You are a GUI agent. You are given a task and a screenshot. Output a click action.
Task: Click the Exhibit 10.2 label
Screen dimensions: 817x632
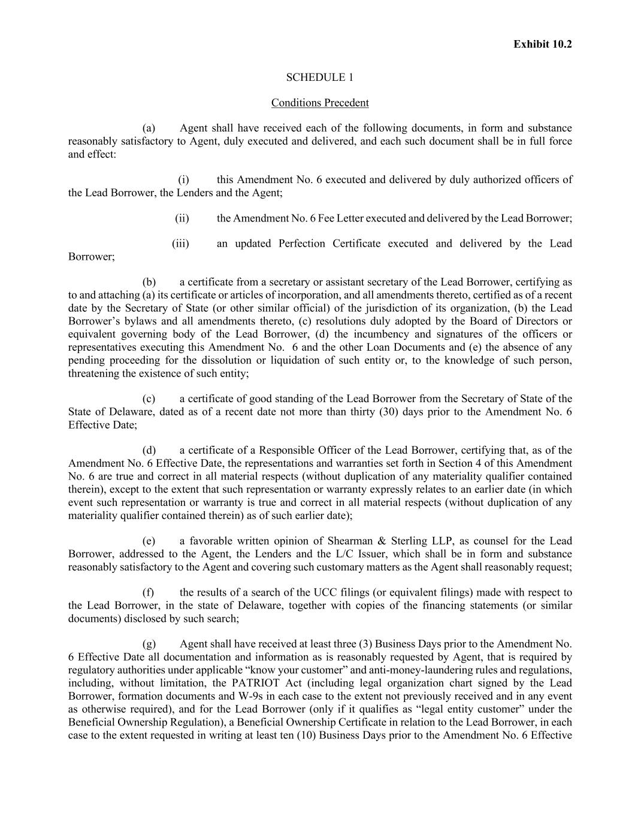[x=542, y=44]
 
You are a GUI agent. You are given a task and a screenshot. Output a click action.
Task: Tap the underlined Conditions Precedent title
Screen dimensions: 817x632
[x=319, y=103]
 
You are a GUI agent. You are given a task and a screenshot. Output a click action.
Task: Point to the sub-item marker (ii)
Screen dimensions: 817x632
[x=182, y=218]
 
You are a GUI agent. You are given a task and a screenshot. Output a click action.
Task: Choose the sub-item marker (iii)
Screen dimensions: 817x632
[x=180, y=244]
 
